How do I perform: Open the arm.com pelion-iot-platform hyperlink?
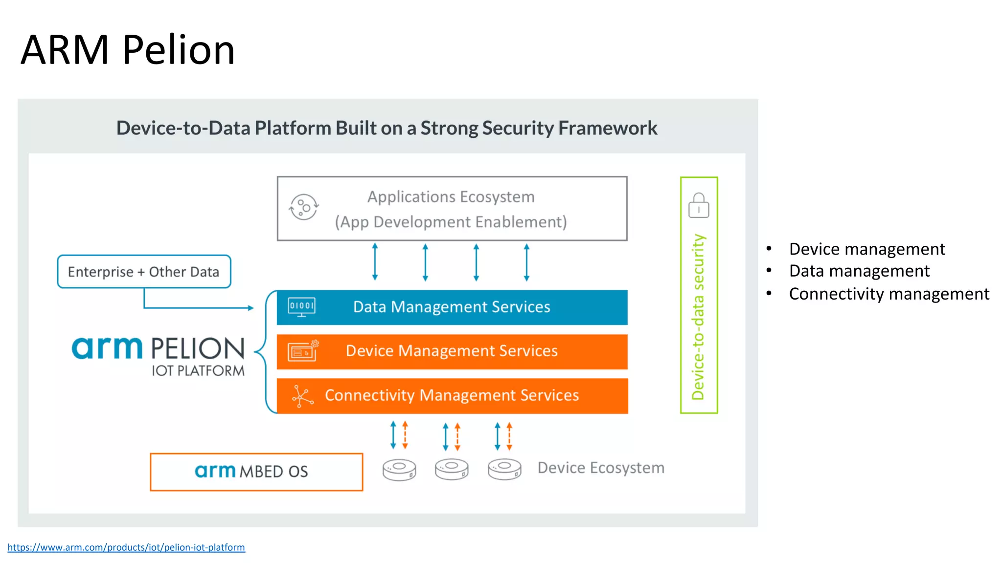click(126, 547)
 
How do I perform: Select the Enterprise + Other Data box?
click(144, 272)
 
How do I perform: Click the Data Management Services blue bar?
click(452, 307)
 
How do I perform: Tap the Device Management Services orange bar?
click(452, 351)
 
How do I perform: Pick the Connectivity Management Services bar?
click(452, 395)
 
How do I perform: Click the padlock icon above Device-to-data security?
click(698, 205)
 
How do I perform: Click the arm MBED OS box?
click(256, 472)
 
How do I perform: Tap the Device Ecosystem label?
click(601, 468)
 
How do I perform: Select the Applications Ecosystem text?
click(451, 197)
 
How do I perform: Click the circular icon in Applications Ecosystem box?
click(304, 207)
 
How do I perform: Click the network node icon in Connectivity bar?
click(302, 396)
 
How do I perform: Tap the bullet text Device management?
click(866, 249)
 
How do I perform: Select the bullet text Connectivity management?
click(888, 294)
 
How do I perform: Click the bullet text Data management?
click(859, 271)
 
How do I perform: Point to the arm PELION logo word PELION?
click(198, 348)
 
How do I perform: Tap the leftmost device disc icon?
click(399, 470)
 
